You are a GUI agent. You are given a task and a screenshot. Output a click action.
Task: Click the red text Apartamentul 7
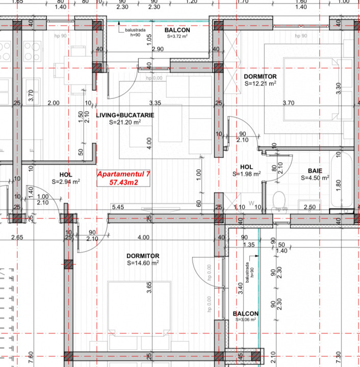[x=124, y=174]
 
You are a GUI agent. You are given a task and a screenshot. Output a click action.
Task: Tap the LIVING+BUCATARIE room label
[x=125, y=116]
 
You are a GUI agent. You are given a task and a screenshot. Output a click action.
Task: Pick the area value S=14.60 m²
[x=144, y=264]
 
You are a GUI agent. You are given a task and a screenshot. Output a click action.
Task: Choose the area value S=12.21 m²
[x=260, y=84]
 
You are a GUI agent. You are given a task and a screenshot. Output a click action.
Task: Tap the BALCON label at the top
[x=177, y=31]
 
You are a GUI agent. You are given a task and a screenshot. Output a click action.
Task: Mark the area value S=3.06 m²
[x=245, y=321]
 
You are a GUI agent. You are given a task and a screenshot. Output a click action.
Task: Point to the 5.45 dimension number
[x=118, y=207]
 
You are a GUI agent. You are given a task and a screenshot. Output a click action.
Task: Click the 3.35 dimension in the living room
[x=156, y=103]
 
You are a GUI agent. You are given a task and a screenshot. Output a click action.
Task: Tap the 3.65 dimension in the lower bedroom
[x=149, y=288]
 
